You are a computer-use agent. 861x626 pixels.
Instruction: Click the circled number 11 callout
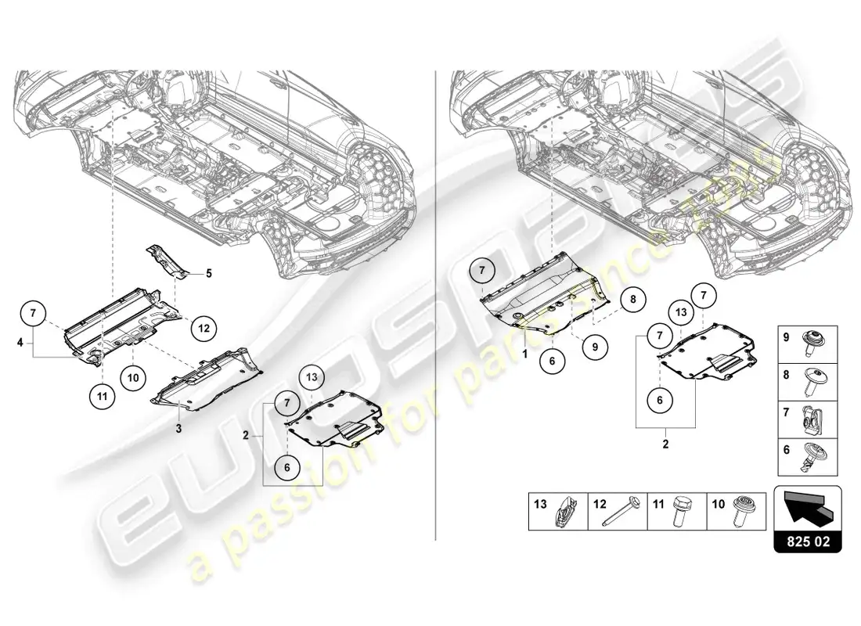[x=102, y=395]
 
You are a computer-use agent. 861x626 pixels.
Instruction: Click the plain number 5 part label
[x=209, y=274]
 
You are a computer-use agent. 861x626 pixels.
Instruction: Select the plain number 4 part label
[x=20, y=341]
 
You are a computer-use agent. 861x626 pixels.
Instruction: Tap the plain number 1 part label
[x=525, y=354]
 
